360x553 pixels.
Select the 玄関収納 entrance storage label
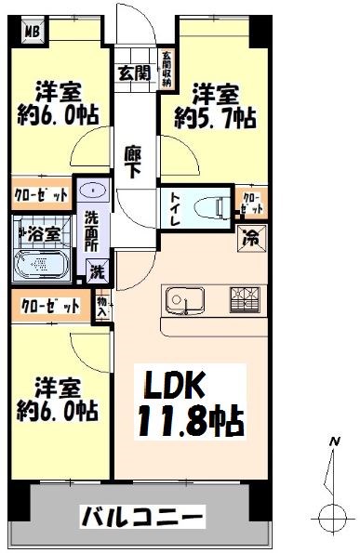click(x=167, y=69)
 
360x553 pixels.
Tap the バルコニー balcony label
click(x=140, y=514)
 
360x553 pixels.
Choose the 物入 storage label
click(x=100, y=307)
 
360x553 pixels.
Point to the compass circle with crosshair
click(x=330, y=516)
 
